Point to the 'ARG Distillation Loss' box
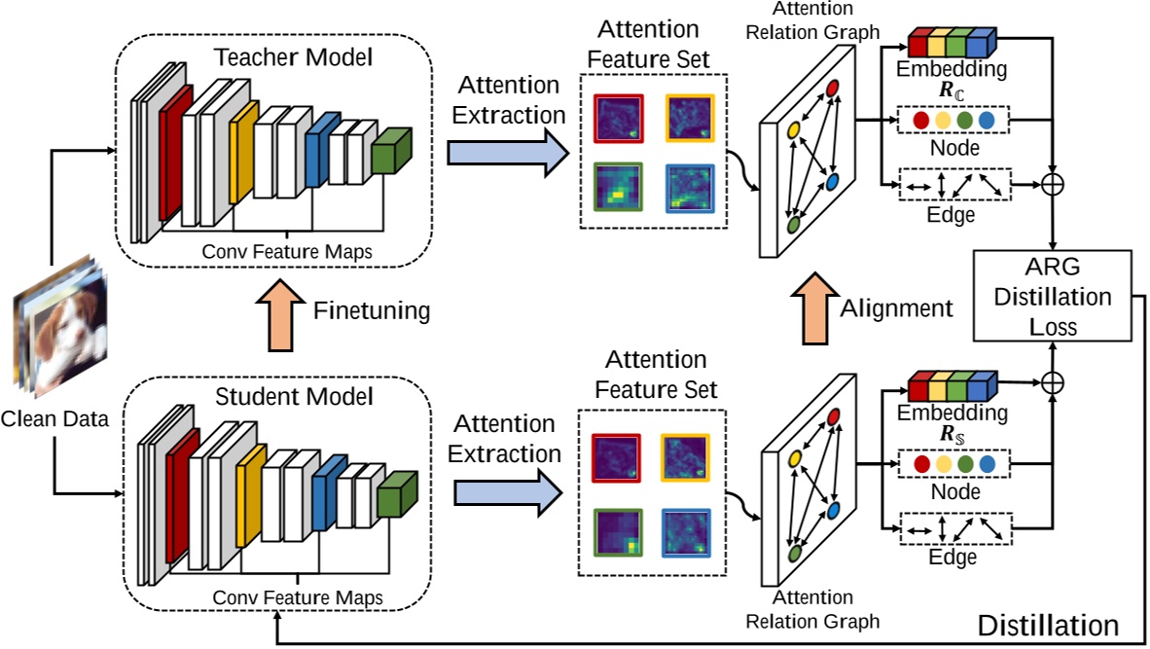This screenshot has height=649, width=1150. coord(1053,294)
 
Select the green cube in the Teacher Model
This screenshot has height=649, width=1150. coord(391,151)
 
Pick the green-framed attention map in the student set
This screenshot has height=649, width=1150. coord(614,537)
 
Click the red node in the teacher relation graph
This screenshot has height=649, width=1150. coord(833,90)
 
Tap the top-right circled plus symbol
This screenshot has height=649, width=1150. coord(1053,183)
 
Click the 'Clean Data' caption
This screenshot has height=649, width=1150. coord(54,420)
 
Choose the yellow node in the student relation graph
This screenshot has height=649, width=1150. coord(795,457)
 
